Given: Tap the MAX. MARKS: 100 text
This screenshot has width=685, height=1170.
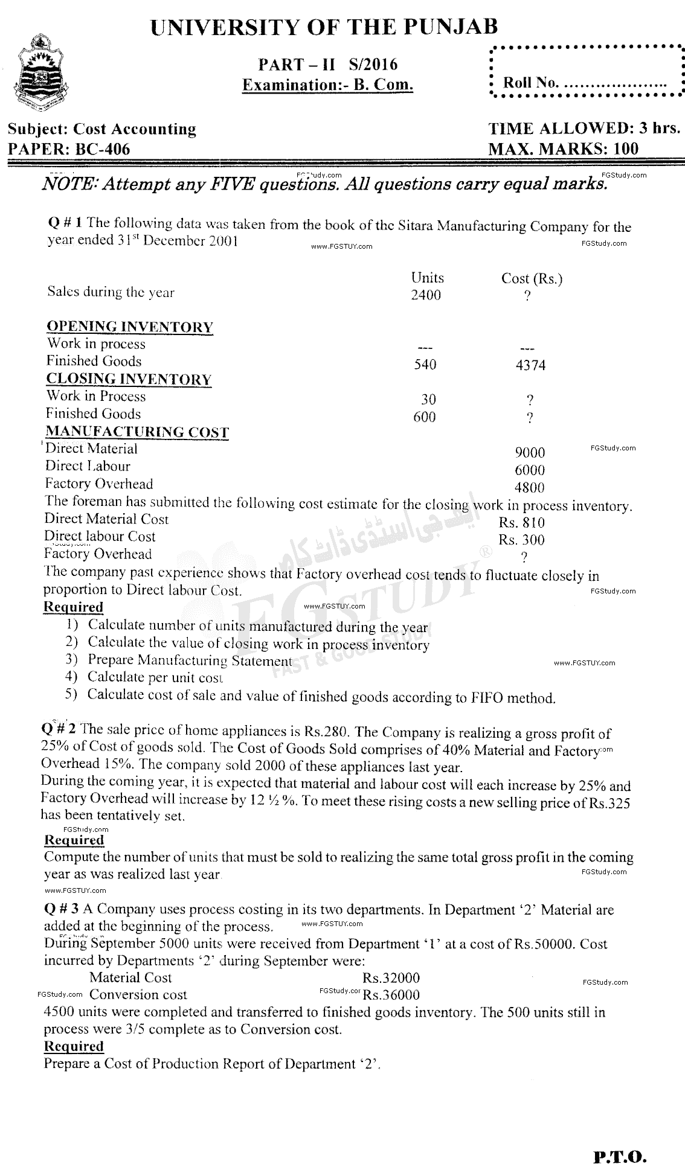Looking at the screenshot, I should pos(562,149).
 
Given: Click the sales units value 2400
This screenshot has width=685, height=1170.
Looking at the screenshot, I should pos(426,295).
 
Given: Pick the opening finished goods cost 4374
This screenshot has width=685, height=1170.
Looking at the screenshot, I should pos(531,365).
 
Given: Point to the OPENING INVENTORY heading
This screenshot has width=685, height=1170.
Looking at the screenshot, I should pos(130,327).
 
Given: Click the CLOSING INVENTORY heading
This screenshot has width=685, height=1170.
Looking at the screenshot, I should pos(129,379).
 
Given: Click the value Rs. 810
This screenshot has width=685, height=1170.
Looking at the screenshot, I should pos(521,523).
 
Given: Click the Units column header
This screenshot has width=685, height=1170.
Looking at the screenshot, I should pos(427,278).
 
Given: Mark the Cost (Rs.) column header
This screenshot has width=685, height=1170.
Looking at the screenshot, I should pos(532,278).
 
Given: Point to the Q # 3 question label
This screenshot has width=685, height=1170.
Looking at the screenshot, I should pos(62,909).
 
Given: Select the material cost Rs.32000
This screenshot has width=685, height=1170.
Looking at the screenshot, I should pos(391,977).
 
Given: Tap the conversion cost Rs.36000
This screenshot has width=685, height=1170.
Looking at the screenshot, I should pos(391,994).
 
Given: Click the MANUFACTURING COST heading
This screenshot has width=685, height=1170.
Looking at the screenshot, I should pos(137,432).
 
